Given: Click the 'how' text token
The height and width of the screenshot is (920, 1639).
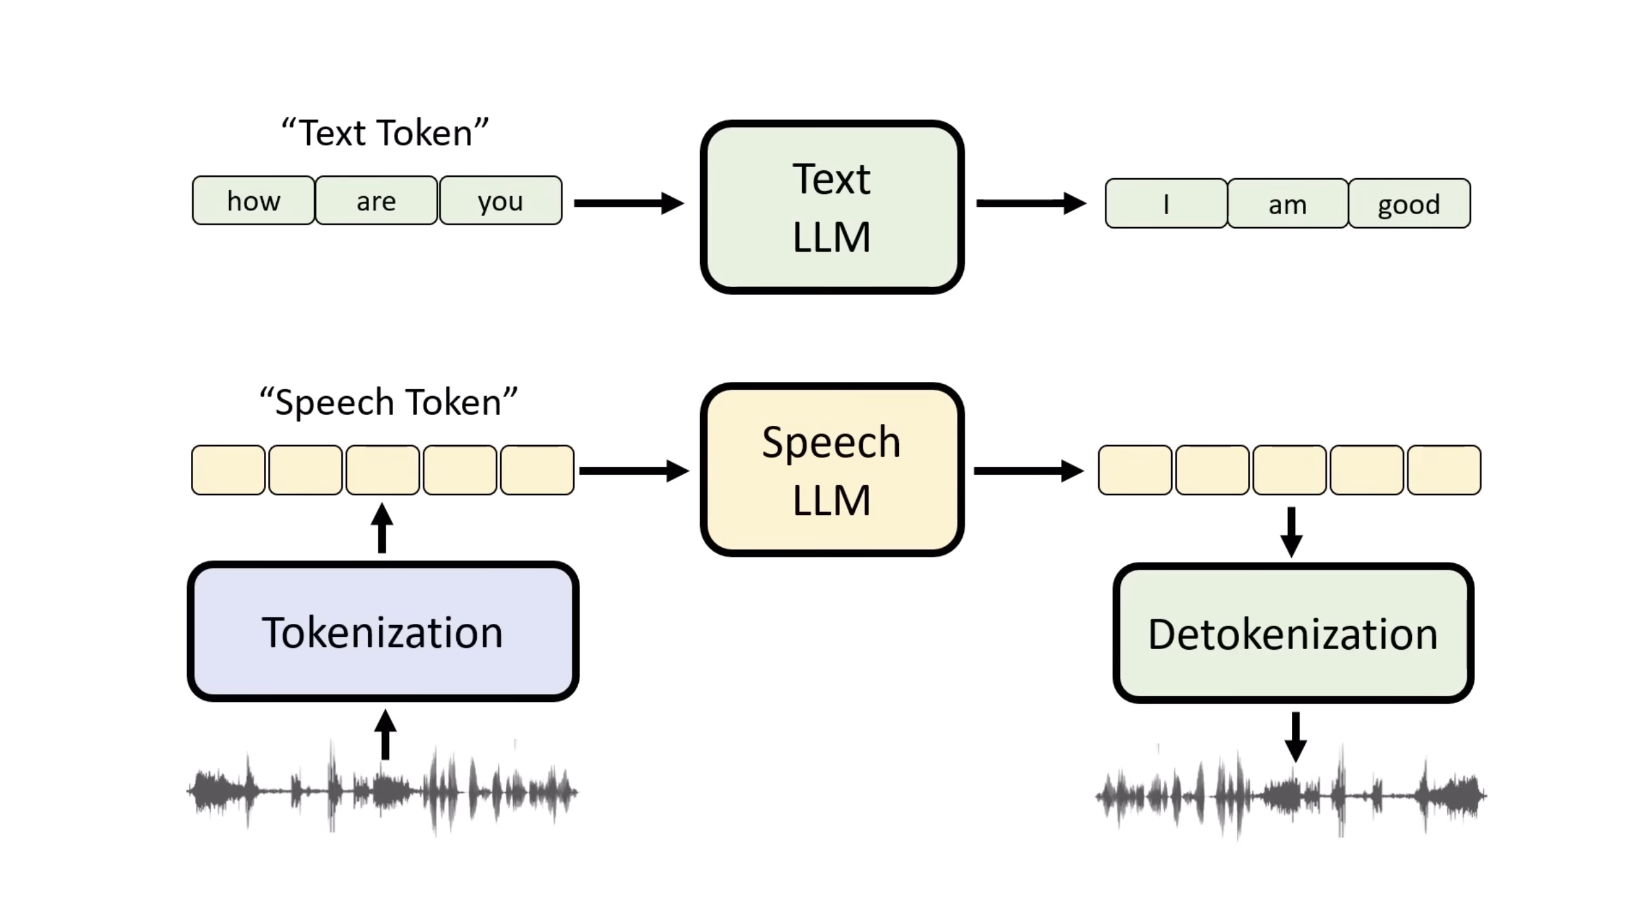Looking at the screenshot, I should (x=254, y=201).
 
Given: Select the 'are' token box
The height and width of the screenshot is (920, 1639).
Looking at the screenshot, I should (x=376, y=201).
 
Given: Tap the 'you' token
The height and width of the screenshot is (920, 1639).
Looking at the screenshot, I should (x=501, y=201).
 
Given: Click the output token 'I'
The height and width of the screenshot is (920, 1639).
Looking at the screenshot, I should (x=1166, y=204).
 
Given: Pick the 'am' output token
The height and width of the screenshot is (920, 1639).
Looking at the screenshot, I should (x=1287, y=204).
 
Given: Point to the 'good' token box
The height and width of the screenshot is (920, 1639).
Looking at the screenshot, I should (x=1409, y=204).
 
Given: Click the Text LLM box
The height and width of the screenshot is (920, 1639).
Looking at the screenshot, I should (x=832, y=207).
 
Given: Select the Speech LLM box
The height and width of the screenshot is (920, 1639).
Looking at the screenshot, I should (x=832, y=470).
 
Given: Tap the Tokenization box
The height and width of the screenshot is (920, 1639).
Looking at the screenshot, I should (x=383, y=632).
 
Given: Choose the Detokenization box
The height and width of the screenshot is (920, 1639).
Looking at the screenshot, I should (x=1293, y=633).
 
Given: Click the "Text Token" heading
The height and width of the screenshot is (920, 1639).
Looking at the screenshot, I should (x=385, y=133).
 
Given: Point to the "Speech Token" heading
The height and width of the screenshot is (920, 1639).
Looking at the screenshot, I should (x=388, y=402).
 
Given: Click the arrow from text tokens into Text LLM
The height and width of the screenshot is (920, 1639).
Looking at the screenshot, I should (x=628, y=203).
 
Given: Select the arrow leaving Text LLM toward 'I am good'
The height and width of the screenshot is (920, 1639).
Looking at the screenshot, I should (x=1031, y=203).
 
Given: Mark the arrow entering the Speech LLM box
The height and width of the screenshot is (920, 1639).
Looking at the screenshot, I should (x=634, y=471).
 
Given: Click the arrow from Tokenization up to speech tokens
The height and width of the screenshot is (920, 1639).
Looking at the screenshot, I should (x=382, y=528).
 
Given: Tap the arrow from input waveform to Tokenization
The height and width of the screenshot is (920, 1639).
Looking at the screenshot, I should (x=385, y=735).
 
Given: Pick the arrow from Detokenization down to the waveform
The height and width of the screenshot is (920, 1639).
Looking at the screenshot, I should (x=1295, y=737).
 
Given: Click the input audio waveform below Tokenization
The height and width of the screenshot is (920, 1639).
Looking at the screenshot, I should (x=382, y=791).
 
